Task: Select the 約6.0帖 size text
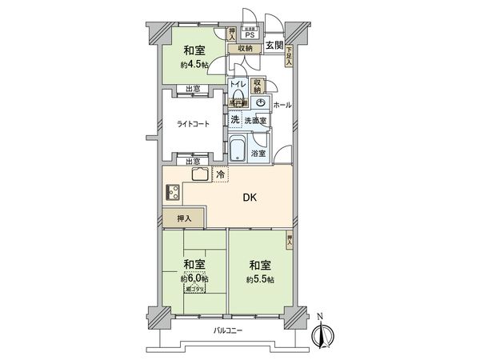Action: tap(194, 278)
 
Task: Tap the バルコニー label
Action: tap(228, 330)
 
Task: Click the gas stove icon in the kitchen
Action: tap(173, 193)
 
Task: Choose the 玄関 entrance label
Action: tap(274, 45)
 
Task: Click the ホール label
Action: tap(282, 106)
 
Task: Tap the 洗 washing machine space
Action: tap(235, 119)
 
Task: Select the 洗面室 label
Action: tap(255, 120)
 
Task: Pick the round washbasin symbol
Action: tap(261, 102)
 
